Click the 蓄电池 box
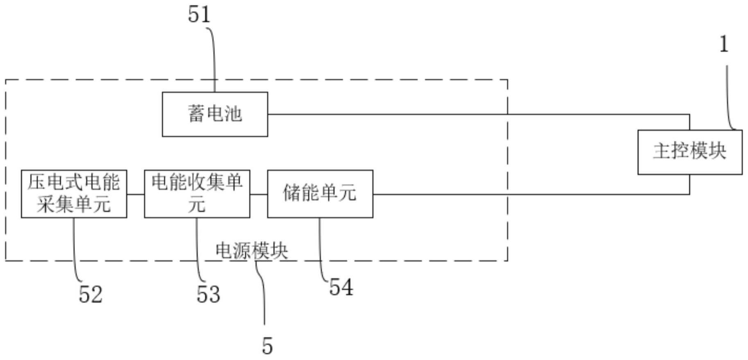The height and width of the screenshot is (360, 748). pos(215,114)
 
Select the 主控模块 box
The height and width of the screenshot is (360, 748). pos(690,152)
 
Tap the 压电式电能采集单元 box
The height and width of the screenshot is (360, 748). pos(74,194)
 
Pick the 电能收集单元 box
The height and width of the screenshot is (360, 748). pos(197,194)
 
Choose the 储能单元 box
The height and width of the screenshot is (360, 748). pos(320,194)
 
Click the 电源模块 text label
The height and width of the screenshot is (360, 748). pos(252,250)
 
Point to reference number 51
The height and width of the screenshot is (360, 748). pos(199,15)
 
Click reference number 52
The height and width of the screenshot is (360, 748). pos(90,294)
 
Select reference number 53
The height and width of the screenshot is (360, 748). pos(208,294)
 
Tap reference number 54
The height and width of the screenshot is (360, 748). pos(341,287)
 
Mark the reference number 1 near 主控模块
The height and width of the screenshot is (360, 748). pos(724,44)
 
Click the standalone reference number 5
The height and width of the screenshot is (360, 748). pos(267,346)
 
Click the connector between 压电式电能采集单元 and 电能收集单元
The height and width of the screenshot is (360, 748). pos(136,194)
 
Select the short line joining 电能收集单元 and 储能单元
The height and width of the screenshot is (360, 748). pos(258,194)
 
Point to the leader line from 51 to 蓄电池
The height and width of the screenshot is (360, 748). pos(214,57)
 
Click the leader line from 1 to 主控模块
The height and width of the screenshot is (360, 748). pos(728,98)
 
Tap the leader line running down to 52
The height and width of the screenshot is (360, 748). pos(75,250)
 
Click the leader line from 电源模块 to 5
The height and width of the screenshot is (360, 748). pos(263,295)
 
